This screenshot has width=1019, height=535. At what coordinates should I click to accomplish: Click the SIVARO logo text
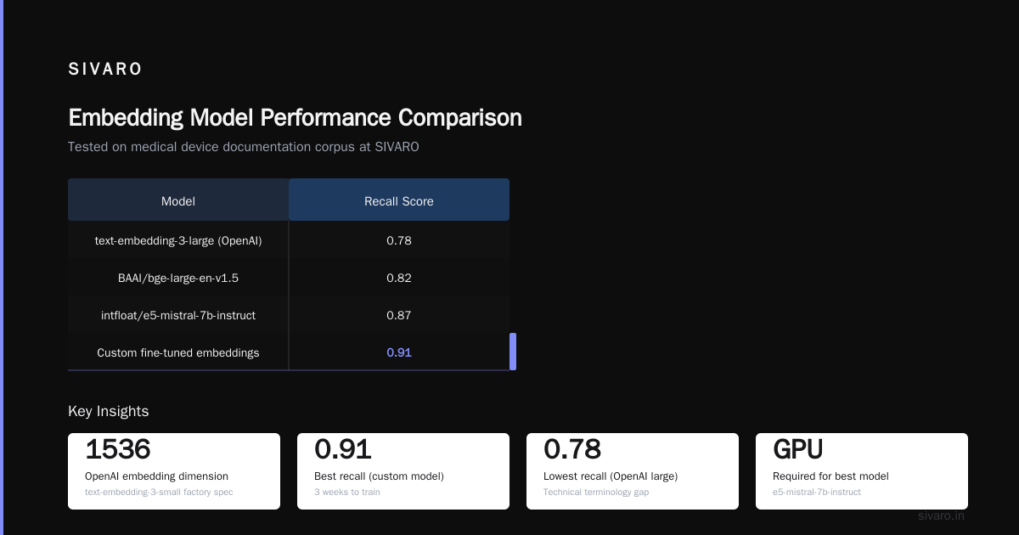[x=104, y=69]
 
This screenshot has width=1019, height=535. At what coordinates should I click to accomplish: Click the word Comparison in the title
[x=460, y=118]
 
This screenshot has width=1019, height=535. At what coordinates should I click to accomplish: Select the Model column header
[x=177, y=201]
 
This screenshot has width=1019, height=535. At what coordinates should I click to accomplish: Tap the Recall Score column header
[x=398, y=201]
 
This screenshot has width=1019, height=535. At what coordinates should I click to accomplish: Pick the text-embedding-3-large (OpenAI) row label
[x=177, y=240]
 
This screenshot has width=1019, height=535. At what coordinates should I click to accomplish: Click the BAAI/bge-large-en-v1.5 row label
[x=177, y=278]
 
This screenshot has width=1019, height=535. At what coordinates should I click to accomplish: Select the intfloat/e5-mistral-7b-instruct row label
[x=177, y=315]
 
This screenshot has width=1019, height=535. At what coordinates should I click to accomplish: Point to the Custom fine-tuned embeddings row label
[x=177, y=352]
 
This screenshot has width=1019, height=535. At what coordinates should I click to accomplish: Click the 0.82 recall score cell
[x=399, y=278]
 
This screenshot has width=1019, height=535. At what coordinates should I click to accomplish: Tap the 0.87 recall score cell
[x=399, y=315]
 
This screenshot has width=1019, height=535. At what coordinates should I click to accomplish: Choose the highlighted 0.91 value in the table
[x=399, y=352]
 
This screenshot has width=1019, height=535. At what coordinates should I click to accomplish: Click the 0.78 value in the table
[x=399, y=240]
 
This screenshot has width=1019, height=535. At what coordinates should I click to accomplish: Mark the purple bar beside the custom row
[x=513, y=352]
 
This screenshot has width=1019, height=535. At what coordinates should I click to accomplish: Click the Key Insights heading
[x=109, y=411]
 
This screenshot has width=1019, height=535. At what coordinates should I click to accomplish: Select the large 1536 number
[x=118, y=449]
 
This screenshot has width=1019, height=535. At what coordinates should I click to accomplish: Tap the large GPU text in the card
[x=798, y=449]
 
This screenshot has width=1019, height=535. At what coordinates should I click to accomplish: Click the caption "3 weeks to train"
[x=347, y=492]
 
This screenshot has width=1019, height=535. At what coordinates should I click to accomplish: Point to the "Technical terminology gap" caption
[x=596, y=492]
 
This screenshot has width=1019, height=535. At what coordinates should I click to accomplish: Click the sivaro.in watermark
[x=941, y=516]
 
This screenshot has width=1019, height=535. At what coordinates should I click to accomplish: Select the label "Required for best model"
[x=830, y=476]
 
